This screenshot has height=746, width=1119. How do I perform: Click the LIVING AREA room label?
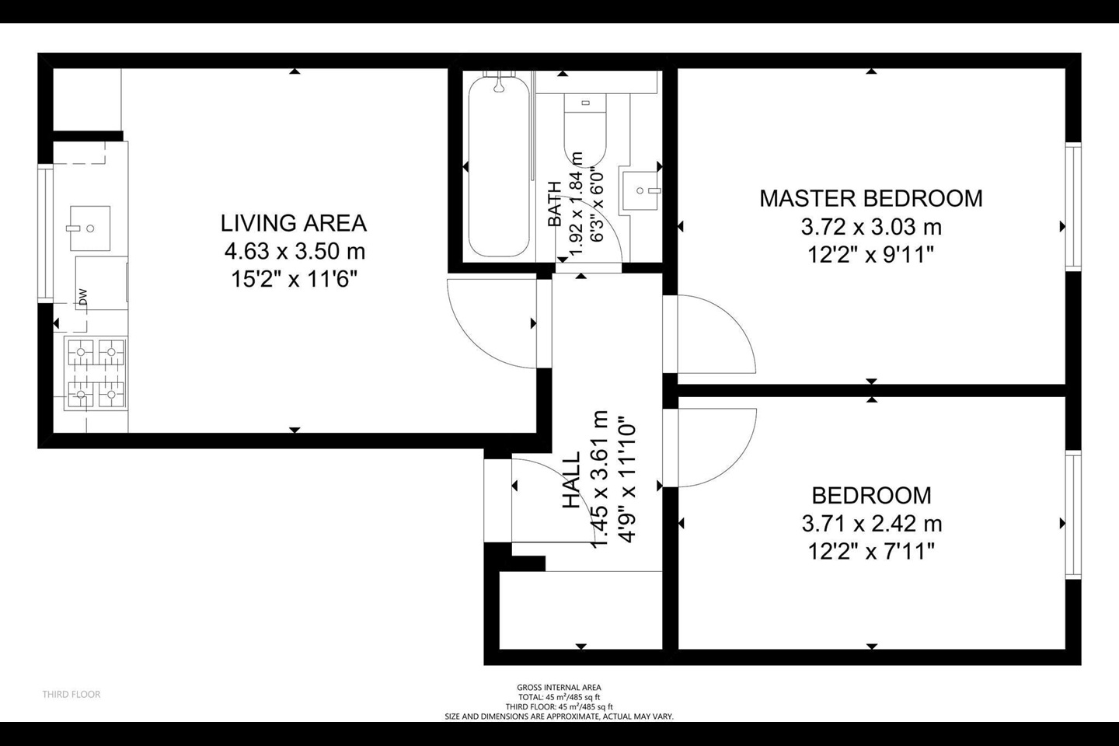(x=293, y=223)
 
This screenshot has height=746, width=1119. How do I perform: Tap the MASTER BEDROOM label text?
(x=870, y=198)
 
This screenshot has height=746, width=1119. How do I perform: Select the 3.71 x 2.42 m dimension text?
(x=871, y=524)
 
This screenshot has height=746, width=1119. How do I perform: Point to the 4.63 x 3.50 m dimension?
(x=294, y=251)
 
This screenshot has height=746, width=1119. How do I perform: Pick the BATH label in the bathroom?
(x=554, y=204)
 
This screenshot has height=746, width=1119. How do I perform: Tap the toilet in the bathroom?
(x=584, y=128)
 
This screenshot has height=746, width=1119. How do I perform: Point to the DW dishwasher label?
(x=82, y=297)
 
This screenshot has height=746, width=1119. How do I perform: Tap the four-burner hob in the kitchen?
(x=96, y=374)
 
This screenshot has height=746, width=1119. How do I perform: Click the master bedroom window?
(x=1073, y=207)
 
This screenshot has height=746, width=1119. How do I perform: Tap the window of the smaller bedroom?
(x=1073, y=514)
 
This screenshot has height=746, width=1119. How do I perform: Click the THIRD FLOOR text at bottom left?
(x=71, y=694)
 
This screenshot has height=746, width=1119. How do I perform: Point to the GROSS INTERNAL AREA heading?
(x=559, y=687)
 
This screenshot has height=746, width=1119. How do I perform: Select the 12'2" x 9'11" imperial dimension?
(x=870, y=254)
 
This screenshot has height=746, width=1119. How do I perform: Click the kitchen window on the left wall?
(x=44, y=233)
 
